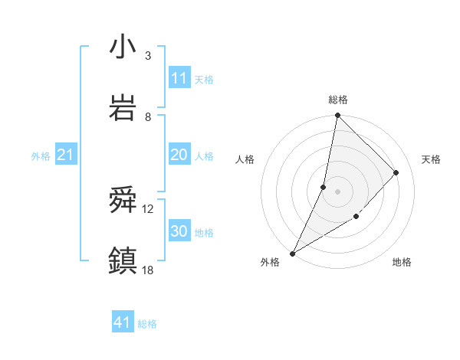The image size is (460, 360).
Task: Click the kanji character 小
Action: (x=123, y=47)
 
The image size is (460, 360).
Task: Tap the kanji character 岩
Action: (x=123, y=108)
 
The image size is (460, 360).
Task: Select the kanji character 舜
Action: (x=123, y=201)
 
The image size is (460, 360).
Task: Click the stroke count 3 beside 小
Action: (x=147, y=55)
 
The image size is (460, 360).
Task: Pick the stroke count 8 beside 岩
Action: (x=147, y=116)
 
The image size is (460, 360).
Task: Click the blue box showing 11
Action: (x=179, y=78)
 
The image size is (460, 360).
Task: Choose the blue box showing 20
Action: (x=179, y=155)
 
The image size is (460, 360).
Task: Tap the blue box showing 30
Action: (x=179, y=231)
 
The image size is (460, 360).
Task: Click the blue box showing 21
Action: (x=65, y=155)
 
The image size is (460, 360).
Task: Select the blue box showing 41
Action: (x=123, y=323)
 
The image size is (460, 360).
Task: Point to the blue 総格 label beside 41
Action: (x=147, y=324)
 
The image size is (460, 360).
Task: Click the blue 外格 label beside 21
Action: (x=41, y=155)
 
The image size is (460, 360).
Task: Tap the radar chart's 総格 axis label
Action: (x=337, y=100)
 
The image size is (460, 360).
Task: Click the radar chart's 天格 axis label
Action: (x=431, y=159)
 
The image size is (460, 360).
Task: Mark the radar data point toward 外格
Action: (x=292, y=253)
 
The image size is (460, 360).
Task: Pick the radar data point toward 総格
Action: (x=337, y=116)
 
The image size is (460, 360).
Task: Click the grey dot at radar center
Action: (x=337, y=191)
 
